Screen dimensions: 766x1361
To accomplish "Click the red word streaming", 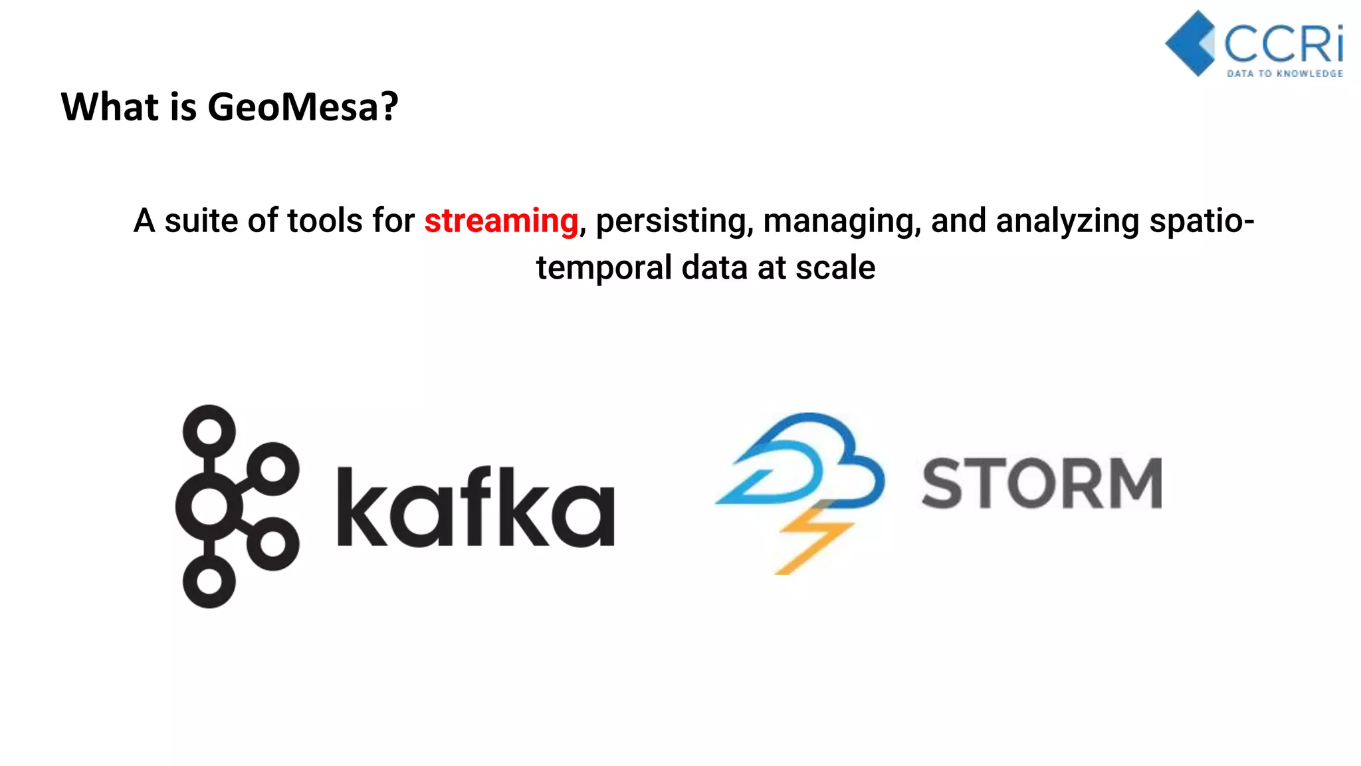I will [501, 221].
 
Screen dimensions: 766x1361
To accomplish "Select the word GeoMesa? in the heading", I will [302, 107].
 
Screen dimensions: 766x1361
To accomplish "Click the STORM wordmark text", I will [1041, 483].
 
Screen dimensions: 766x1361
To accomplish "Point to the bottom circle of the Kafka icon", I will [209, 582].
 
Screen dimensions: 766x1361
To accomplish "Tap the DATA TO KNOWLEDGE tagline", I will [1285, 73].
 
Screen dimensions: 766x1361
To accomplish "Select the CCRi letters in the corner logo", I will [1283, 44].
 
